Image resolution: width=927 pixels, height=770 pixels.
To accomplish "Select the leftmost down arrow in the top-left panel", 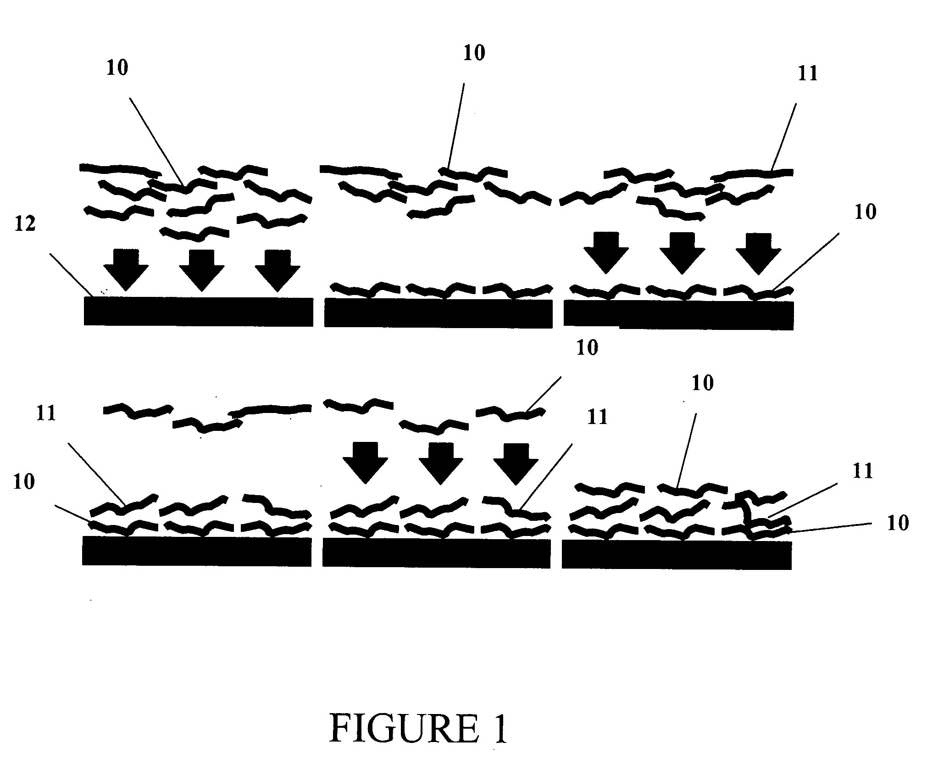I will [126, 270].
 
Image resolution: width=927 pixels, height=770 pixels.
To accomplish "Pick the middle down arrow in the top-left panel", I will [201, 270].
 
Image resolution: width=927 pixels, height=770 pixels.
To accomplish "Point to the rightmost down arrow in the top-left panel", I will [277, 270].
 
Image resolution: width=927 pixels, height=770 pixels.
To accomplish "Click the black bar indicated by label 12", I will [198, 312].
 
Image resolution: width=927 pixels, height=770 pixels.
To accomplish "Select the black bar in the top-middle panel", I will [438, 312].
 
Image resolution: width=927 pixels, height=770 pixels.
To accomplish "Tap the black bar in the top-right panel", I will [679, 314].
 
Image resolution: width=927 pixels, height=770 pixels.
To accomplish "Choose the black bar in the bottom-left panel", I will [197, 551].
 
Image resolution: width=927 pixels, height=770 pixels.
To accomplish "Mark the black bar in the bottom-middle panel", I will [436, 553].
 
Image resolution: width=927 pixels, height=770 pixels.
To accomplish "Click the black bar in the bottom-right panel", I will [677, 555].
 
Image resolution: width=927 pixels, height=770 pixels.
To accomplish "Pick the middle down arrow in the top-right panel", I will [682, 253].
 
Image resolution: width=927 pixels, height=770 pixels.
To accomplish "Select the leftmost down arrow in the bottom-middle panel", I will [366, 463].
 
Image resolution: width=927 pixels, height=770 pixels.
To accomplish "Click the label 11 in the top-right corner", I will [808, 73].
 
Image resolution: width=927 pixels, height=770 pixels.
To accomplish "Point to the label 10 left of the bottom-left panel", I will [23, 482].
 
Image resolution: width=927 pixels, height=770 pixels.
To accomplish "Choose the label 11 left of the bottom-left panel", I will [46, 413].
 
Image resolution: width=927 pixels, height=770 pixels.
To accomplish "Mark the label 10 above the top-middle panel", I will [474, 53].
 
